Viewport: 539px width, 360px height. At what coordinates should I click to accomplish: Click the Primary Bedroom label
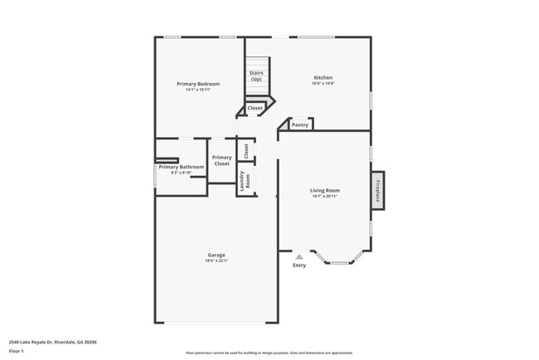(198, 84)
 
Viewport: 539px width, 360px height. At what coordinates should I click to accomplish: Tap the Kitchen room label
(323, 78)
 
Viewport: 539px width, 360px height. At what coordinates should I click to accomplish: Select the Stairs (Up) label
(256, 75)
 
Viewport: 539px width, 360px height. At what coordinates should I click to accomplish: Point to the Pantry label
(300, 125)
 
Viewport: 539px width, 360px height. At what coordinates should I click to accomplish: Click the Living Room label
(325, 190)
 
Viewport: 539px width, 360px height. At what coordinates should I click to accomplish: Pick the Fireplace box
(378, 191)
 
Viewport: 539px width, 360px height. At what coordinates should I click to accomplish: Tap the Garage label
(216, 255)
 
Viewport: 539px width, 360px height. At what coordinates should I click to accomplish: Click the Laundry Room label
(243, 181)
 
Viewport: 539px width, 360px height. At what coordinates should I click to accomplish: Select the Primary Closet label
(221, 161)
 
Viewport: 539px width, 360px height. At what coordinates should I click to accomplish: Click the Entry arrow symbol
(299, 257)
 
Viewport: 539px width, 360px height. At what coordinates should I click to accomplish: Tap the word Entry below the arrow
(299, 265)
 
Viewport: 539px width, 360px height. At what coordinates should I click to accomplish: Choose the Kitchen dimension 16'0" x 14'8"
(323, 84)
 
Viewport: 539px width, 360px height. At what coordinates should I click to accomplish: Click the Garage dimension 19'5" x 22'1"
(216, 260)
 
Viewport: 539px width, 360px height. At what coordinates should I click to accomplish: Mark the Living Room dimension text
(325, 196)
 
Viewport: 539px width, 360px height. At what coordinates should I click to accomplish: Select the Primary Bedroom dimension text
(198, 90)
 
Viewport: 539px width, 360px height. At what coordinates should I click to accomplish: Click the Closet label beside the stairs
(255, 108)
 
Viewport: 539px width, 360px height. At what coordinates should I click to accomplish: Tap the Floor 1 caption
(17, 351)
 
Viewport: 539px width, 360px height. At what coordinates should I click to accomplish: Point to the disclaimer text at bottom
(269, 353)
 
